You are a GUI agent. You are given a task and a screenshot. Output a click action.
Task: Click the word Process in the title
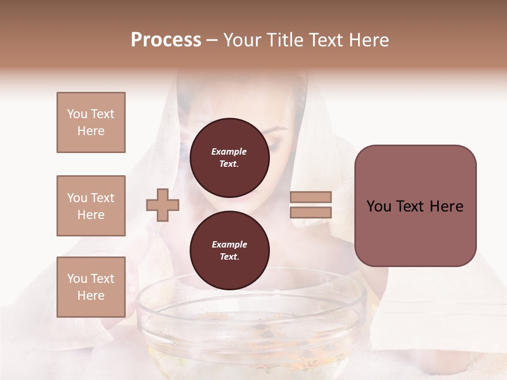coord(166,40)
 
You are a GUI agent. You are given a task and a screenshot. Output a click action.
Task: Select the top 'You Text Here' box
coord(91,122)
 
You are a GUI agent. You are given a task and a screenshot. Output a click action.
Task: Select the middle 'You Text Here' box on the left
coord(91,206)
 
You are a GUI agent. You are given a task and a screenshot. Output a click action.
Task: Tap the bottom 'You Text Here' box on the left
coord(91,287)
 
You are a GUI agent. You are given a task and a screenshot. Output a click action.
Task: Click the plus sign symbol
coord(163,205)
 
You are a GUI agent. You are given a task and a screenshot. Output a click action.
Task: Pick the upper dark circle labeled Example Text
coord(229,157)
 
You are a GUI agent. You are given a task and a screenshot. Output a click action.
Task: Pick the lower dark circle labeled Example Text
coord(229,250)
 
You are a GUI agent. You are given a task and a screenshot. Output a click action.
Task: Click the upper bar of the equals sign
coord(311,197)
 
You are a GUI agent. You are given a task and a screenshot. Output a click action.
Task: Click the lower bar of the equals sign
coord(311,212)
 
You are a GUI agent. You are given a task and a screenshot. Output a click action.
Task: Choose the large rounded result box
coord(415,205)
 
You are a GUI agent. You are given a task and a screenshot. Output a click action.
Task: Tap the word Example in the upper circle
coord(229,151)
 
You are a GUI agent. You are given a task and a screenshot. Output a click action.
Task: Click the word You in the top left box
coord(76,114)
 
